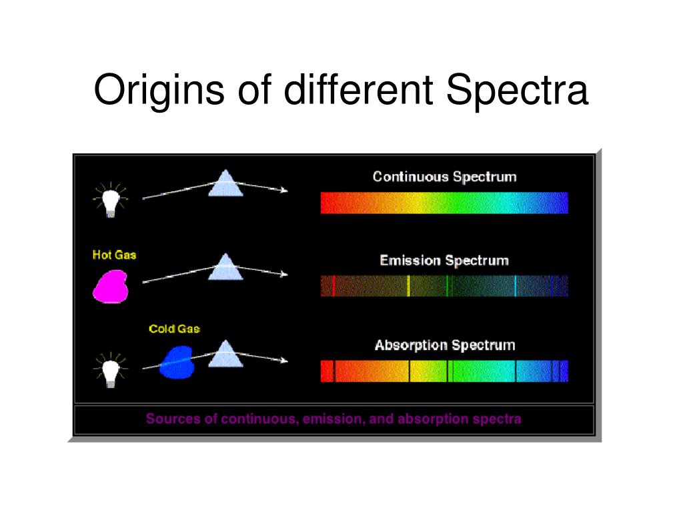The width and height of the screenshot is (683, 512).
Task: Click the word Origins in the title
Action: [x=159, y=91]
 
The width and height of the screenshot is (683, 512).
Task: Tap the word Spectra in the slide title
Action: [x=517, y=91]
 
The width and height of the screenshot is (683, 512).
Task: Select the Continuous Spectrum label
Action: [x=444, y=177]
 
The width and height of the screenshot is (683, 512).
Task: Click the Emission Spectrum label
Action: [x=444, y=261]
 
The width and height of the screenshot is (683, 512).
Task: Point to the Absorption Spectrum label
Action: [x=445, y=345]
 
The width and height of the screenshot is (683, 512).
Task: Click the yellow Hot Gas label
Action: [x=114, y=255]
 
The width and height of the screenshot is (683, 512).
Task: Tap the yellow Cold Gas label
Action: [x=174, y=329]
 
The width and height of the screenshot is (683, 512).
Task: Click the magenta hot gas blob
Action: [x=111, y=287]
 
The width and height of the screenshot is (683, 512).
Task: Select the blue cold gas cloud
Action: [x=177, y=362]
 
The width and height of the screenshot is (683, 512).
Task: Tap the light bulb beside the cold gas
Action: [x=111, y=371]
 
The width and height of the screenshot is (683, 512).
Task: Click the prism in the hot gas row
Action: [x=225, y=267]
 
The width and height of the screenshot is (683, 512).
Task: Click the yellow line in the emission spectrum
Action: [x=408, y=286]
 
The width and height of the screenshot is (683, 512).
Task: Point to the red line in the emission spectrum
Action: [x=333, y=286]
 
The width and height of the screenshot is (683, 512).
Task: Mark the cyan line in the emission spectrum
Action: [x=516, y=286]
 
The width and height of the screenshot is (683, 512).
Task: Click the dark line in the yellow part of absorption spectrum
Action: [x=409, y=371]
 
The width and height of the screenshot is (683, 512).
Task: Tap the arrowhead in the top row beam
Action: [x=284, y=190]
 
